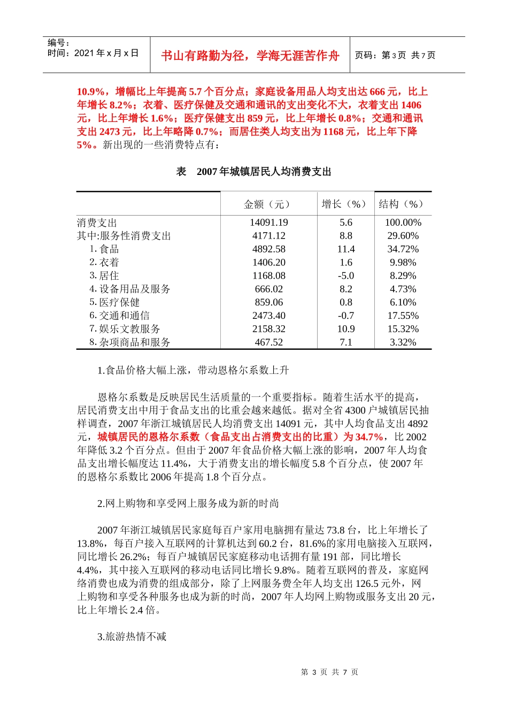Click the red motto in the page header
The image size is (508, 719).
click(250, 56)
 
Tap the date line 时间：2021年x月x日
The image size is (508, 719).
click(93, 53)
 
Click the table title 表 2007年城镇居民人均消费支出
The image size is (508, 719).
click(253, 172)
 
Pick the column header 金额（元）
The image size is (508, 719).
click(268, 204)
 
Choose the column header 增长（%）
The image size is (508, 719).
click(345, 204)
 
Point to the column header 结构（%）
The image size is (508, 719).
click(403, 204)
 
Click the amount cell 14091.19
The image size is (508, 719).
click(268, 223)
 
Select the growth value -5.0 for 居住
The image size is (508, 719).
click(346, 276)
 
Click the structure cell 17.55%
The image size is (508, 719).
click(403, 316)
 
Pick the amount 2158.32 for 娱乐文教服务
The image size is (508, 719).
click(268, 329)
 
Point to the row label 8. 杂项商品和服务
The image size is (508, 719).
click(129, 342)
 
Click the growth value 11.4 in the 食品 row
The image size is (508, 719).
click(346, 249)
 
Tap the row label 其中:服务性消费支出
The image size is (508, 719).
click(124, 236)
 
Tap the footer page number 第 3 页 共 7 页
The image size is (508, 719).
click(329, 672)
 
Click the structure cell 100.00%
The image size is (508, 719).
click(403, 223)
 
